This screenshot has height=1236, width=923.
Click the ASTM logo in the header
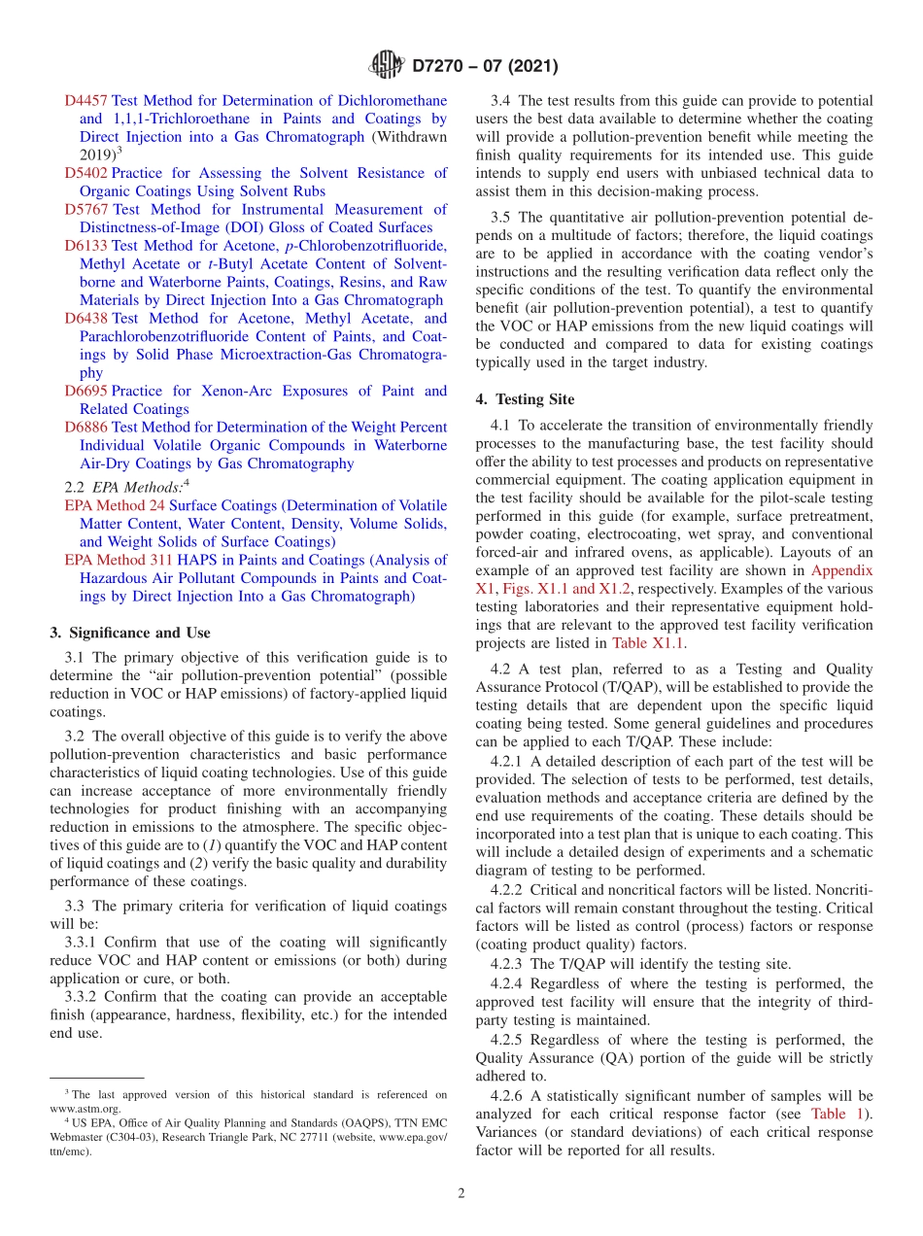point(386,66)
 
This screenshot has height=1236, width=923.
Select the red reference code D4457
point(85,101)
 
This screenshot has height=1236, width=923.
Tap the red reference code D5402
point(85,173)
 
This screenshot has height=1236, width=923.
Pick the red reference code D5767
point(85,210)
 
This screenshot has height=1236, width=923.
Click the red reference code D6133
point(85,246)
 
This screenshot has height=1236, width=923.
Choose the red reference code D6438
point(85,319)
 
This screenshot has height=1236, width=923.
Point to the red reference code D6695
point(85,392)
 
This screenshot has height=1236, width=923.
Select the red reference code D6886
point(85,428)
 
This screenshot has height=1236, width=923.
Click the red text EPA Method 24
point(115,506)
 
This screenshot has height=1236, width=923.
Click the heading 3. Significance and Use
point(129,633)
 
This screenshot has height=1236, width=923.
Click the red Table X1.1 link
point(641,643)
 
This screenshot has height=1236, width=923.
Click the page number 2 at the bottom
point(461,1194)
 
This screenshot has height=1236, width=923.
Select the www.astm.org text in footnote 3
point(85,1108)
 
